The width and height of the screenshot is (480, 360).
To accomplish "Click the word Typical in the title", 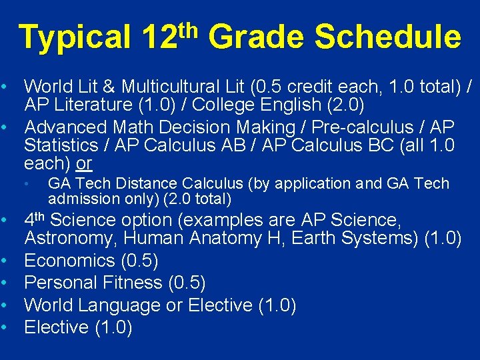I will (75, 37).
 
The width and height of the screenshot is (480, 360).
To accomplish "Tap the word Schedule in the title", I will (387, 37).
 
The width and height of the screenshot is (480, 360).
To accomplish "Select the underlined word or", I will (84, 164).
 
